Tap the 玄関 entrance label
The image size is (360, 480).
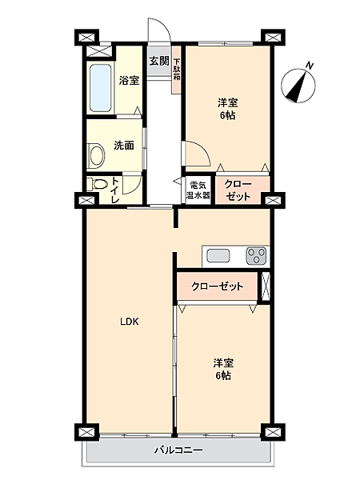[158, 61]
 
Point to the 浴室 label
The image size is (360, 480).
[130, 81]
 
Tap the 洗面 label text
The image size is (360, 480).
[123, 146]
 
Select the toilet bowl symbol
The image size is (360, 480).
[99, 185]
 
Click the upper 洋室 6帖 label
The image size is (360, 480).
[229, 109]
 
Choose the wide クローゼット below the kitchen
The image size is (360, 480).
[218, 286]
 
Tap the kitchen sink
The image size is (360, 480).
[218, 255]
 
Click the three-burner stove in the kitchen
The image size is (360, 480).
[257, 255]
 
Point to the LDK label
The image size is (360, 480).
[130, 322]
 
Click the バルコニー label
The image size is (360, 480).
[179, 450]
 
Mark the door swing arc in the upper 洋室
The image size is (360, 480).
[196, 154]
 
